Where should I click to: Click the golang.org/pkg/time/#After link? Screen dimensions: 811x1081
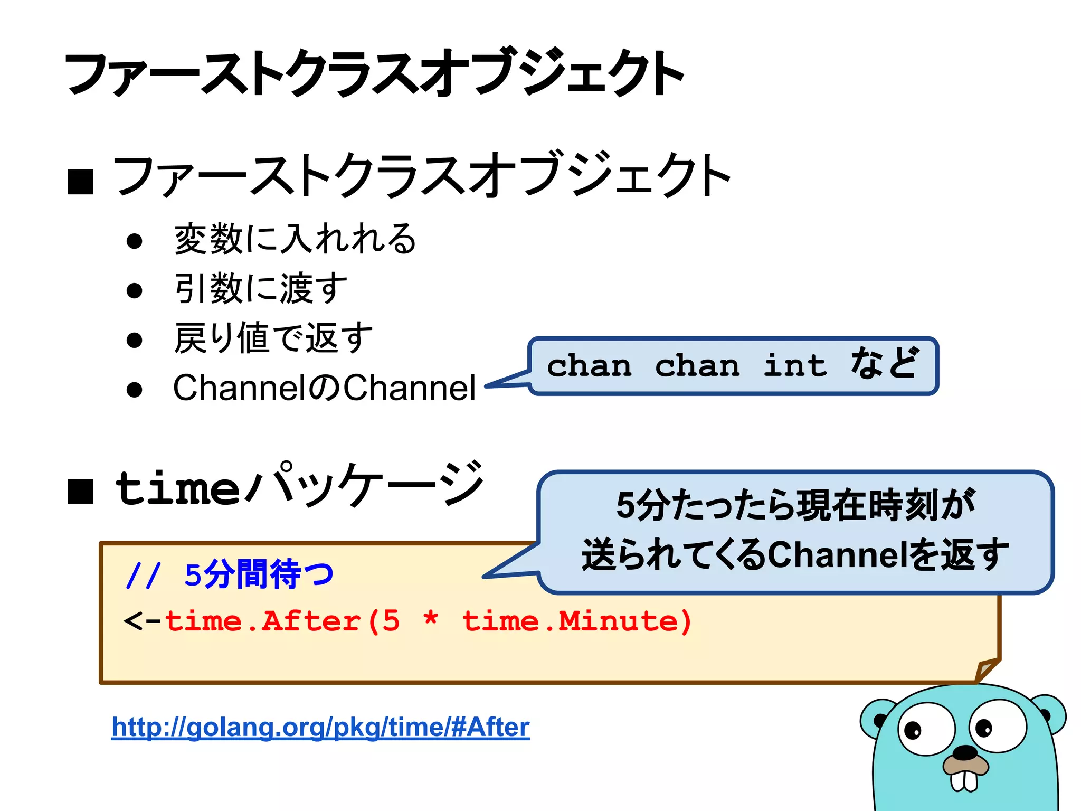coord(320,728)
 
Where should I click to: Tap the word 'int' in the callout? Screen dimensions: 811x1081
coord(795,366)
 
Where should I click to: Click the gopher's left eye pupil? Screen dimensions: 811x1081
coord(913,731)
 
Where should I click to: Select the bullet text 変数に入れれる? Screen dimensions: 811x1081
coord(295,239)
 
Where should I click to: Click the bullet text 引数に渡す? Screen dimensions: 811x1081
coord(261,288)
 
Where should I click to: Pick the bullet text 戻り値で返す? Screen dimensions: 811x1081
coord(273,338)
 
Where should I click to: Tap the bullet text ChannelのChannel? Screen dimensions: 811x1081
coord(324,388)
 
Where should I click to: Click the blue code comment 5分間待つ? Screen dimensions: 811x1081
coord(259,574)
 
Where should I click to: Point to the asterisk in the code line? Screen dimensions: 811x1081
coord(431,618)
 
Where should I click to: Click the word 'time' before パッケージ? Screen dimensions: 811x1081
coord(177,489)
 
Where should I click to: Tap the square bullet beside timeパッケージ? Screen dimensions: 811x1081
coord(81,492)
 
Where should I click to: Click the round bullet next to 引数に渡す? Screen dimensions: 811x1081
coord(135,290)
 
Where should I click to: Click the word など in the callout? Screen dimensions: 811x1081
coord(885,364)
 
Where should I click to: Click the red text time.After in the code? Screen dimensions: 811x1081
coord(262,621)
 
